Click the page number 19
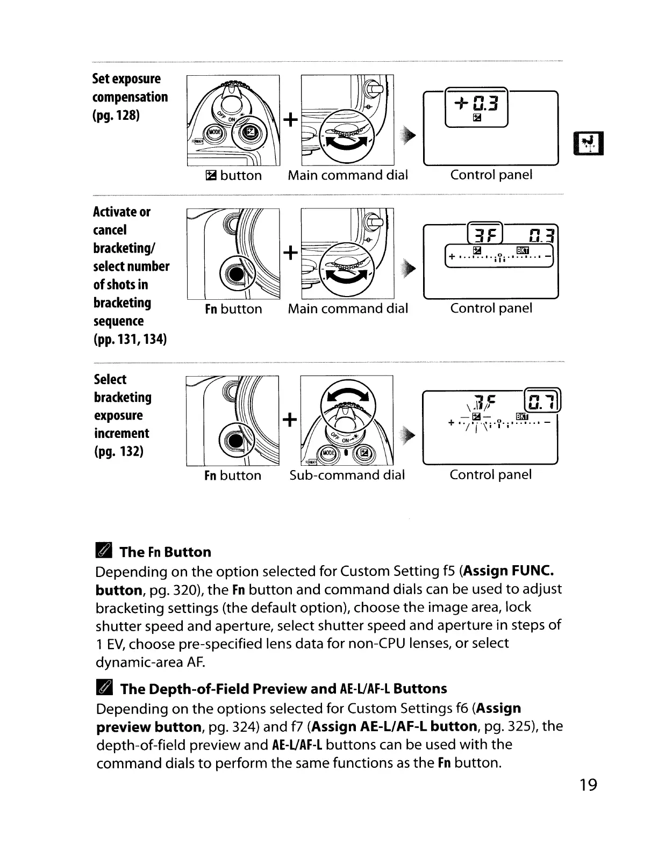click(x=588, y=785)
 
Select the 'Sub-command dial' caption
click(x=347, y=475)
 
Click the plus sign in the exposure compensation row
click(x=290, y=120)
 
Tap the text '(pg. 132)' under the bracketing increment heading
click(x=118, y=451)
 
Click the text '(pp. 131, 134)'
click(x=130, y=339)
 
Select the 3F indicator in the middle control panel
click(x=485, y=235)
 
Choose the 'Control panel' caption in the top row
click(x=491, y=175)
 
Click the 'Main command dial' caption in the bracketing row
click(x=348, y=308)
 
